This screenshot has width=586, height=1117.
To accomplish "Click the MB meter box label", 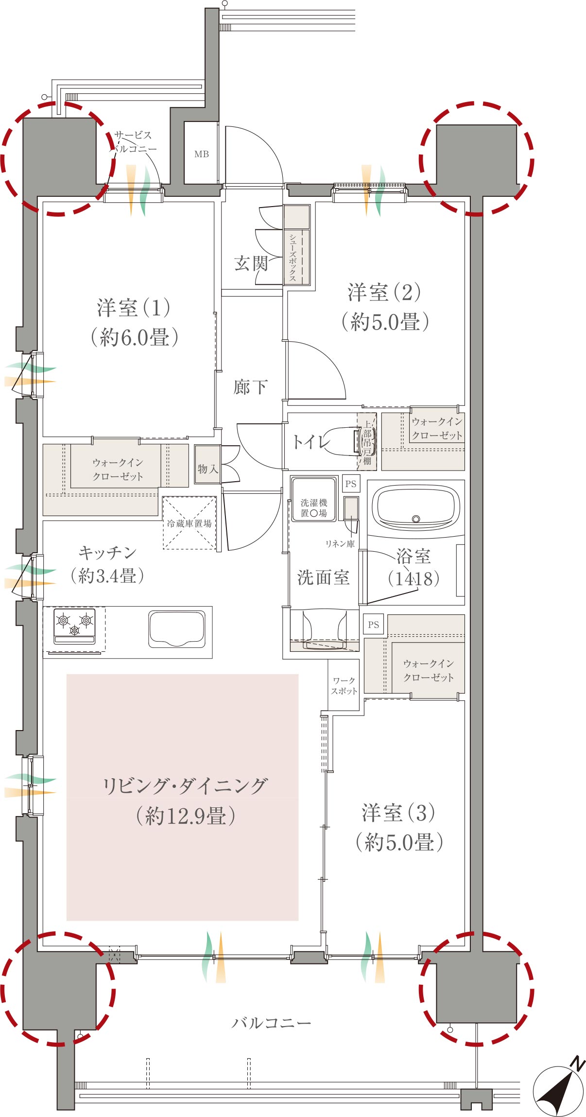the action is [x=202, y=154].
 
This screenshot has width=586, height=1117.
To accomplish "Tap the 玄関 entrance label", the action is [x=251, y=263].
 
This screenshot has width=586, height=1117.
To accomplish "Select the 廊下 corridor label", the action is [x=250, y=387].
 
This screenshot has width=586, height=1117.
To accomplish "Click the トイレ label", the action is [x=311, y=441].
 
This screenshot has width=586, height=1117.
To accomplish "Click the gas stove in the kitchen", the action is [x=74, y=626].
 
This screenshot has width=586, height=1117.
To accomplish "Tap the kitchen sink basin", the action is [x=177, y=629].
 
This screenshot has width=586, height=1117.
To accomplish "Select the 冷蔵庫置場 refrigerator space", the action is [x=190, y=523].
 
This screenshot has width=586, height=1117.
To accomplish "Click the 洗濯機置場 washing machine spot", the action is [x=313, y=499].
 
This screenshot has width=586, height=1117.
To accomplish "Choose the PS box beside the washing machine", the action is [x=351, y=484].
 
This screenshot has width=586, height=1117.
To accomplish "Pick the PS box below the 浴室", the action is [x=373, y=625].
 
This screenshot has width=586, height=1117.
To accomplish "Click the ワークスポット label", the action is [x=344, y=686].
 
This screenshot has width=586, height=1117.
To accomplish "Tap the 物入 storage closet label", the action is [x=207, y=469].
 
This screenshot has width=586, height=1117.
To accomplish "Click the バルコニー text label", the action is [x=271, y=1023].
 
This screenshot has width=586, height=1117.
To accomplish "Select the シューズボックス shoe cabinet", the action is [x=297, y=244].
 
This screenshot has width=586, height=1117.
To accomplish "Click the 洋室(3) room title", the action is [x=398, y=813].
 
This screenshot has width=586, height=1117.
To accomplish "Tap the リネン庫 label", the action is [x=340, y=544].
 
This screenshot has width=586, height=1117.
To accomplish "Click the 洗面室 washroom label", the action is [x=323, y=577].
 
